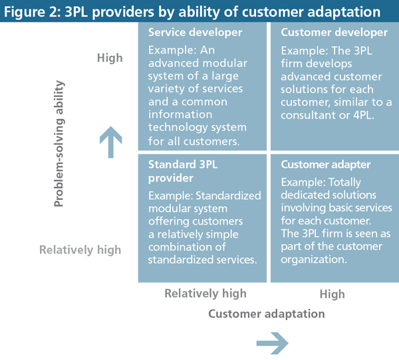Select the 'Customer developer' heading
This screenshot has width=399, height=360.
click(334, 33)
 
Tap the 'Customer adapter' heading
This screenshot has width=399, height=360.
click(326, 164)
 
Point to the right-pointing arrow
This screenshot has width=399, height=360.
click(271, 343)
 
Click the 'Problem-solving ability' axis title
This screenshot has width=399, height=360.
click(60, 143)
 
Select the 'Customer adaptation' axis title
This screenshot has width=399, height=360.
click(267, 314)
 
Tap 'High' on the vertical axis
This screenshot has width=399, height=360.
click(110, 58)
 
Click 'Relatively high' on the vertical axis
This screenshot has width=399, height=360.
click(80, 250)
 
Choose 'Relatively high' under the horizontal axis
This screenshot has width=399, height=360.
click(205, 293)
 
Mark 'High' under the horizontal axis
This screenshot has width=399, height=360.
click(332, 294)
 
